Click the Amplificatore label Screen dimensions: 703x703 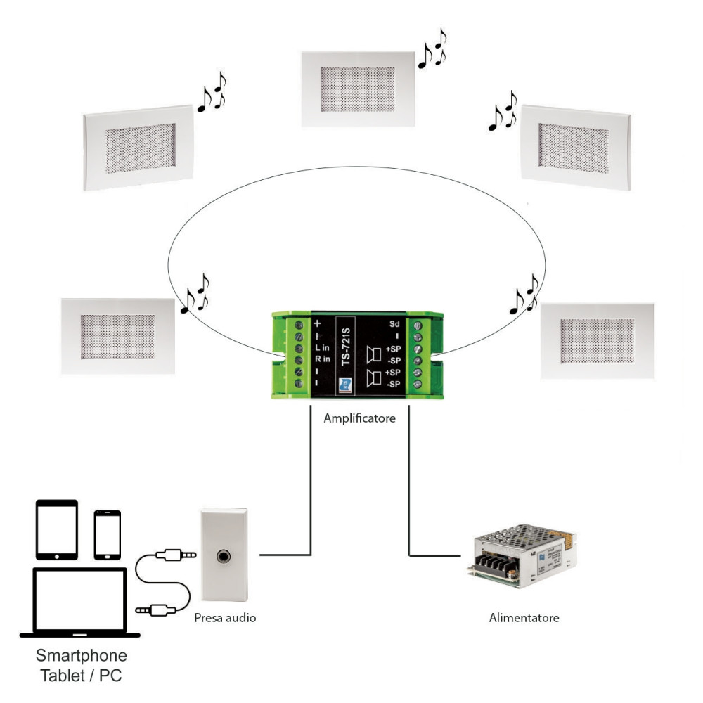[359, 418]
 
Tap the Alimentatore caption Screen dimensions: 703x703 [524, 619]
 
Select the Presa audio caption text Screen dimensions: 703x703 [225, 619]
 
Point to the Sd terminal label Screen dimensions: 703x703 [394, 324]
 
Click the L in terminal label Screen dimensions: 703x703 [322, 348]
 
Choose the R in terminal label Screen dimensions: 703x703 [322, 359]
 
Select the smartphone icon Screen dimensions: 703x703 [108, 534]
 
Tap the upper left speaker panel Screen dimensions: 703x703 [137, 147]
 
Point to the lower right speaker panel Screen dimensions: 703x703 [598, 340]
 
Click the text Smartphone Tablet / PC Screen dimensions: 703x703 [83, 666]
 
